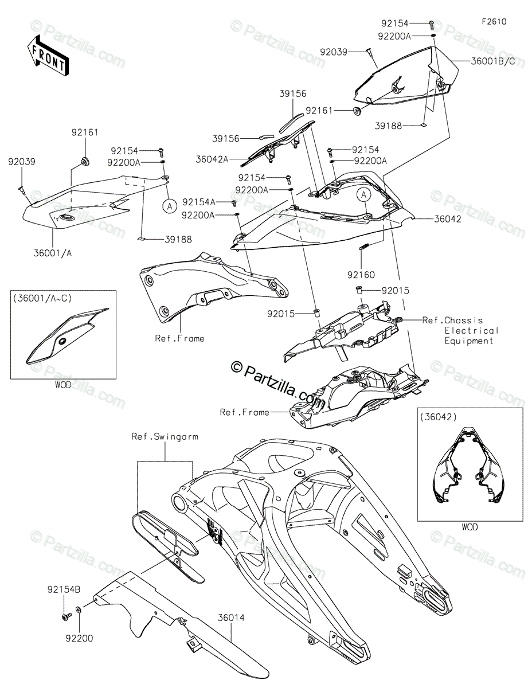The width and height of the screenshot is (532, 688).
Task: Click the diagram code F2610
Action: (x=494, y=22)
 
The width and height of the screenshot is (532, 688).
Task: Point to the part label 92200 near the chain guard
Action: (x=79, y=638)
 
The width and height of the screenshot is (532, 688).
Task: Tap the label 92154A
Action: (x=199, y=202)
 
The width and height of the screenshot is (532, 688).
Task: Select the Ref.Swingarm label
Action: (x=165, y=436)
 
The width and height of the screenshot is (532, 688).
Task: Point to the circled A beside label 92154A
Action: (x=170, y=206)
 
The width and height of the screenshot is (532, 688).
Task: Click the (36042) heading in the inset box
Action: (x=438, y=417)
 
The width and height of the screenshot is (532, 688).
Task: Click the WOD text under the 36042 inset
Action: (x=468, y=527)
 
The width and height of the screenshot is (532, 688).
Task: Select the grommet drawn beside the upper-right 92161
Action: (x=357, y=111)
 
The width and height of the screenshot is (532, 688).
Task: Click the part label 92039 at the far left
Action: (x=22, y=162)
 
